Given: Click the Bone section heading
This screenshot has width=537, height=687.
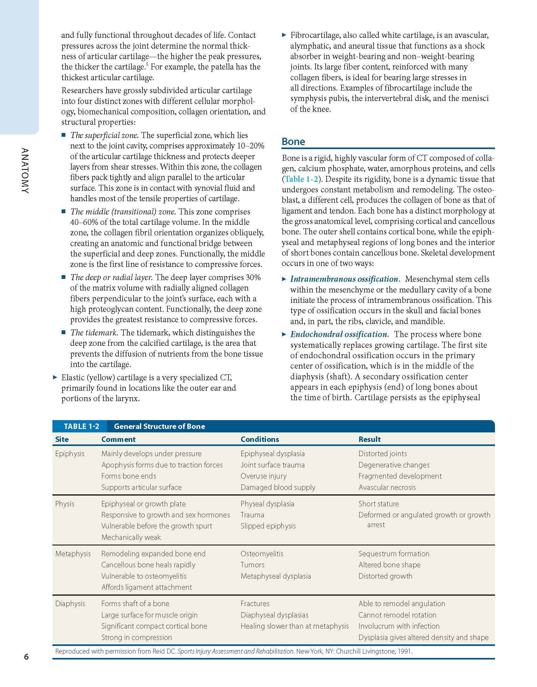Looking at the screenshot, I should pos(293,142).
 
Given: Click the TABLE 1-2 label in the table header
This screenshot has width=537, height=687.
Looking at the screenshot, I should pos(81,426).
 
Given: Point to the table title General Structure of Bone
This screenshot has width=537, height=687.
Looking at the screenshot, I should pos(159,426).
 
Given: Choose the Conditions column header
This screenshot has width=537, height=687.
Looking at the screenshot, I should pos(260,439).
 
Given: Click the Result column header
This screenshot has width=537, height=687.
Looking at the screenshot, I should pos(369,439).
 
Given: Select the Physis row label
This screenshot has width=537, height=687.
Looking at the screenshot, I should pos(65,504).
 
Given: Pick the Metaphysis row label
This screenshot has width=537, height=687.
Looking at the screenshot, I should pos(73,554).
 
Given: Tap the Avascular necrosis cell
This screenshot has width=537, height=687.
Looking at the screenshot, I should pos(387,487).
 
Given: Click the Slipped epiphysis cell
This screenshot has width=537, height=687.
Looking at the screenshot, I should pos(268,526).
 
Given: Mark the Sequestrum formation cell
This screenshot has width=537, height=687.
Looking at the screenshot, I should pos(394,554).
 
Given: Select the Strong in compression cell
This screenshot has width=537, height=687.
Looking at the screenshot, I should pos(136,637).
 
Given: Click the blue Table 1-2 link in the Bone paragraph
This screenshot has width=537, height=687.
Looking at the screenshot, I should pos(301,179).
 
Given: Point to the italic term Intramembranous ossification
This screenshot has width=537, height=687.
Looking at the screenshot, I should pos(345,279).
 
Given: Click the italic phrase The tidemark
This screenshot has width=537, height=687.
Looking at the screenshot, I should pos(94,333).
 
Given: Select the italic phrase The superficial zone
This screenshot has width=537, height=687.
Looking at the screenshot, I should pos(104,136).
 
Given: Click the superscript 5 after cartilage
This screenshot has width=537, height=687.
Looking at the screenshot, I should pos(147,65).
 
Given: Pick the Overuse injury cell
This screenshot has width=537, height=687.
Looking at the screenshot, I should pos(263,476).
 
